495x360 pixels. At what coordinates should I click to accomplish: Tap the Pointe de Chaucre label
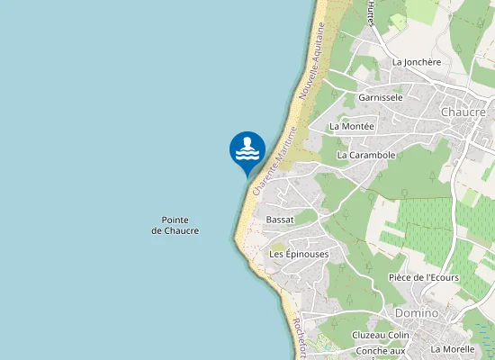click(175, 226)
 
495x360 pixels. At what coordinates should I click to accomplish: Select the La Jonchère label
click(417, 62)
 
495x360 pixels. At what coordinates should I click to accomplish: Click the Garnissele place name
click(381, 96)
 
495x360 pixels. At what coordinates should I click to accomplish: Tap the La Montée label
click(351, 126)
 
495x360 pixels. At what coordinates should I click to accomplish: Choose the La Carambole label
click(366, 155)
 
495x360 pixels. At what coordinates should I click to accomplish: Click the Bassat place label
click(280, 220)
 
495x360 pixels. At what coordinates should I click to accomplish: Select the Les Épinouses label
click(299, 255)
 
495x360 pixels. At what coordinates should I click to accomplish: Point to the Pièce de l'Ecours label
click(423, 277)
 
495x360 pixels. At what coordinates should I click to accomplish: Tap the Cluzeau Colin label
click(381, 335)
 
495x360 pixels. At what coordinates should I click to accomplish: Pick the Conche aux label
click(382, 350)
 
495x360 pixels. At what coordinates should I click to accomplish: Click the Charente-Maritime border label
click(274, 162)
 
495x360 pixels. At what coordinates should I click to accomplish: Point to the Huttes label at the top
click(370, 13)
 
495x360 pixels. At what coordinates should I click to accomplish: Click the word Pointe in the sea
click(175, 220)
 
